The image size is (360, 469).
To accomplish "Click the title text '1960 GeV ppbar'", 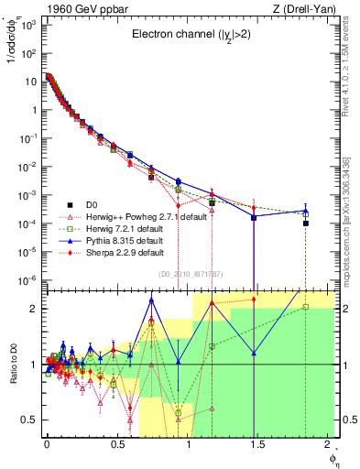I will [x=75, y=9].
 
